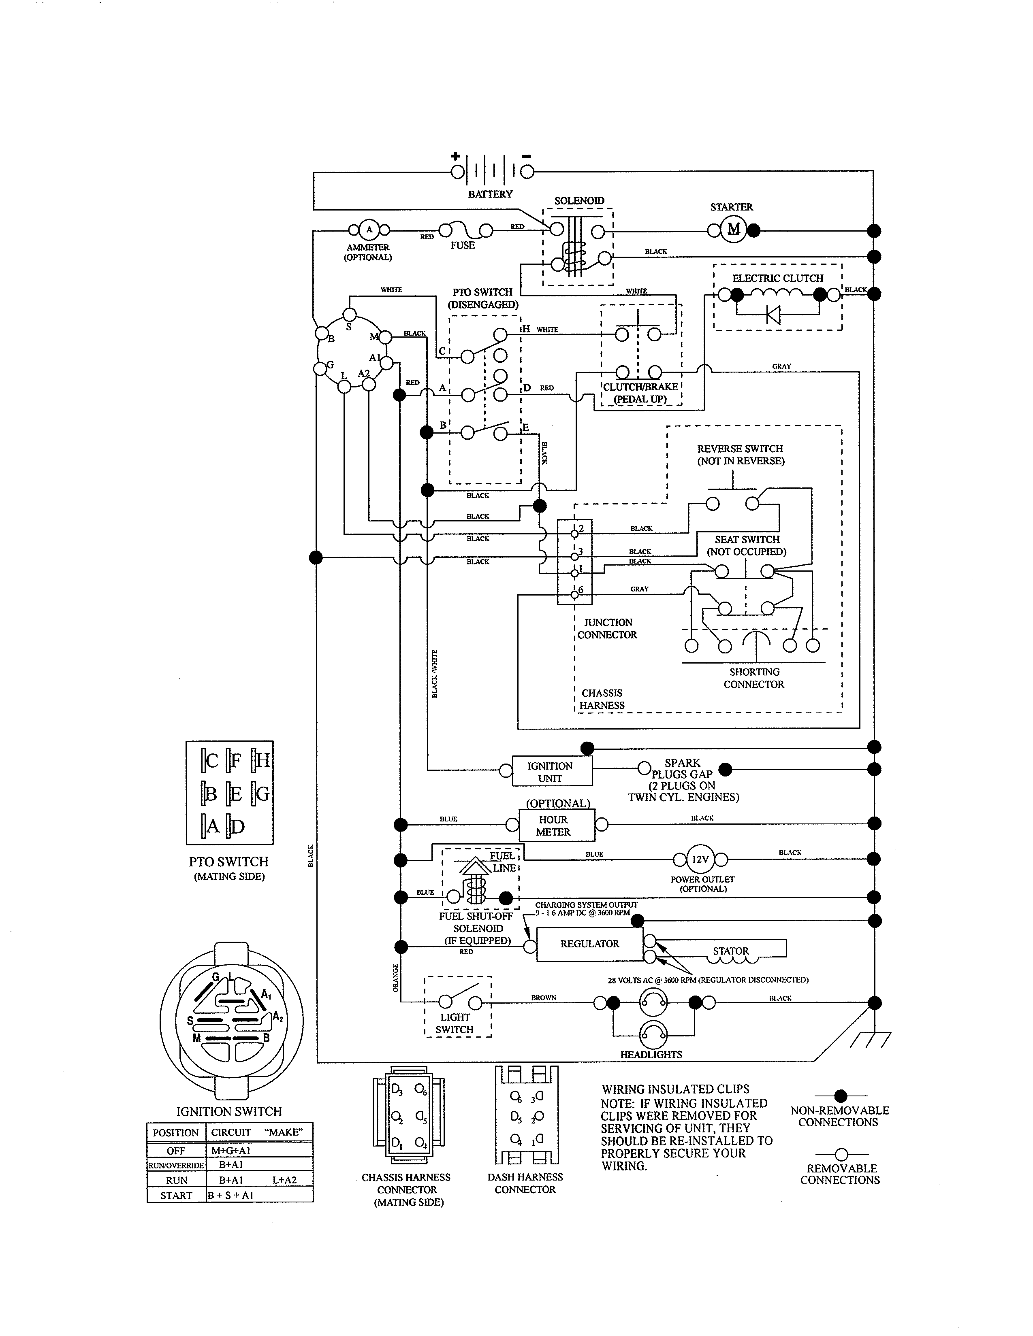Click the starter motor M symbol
[733, 230]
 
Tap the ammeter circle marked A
[369, 230]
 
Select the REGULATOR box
[589, 944]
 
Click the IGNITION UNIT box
[550, 771]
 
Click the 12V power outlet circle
[700, 859]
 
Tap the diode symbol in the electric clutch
[773, 315]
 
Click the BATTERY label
[490, 194]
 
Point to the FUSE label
[463, 245]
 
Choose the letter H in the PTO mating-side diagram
[262, 760]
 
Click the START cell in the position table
[176, 1195]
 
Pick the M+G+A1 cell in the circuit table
[231, 1150]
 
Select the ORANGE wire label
[395, 978]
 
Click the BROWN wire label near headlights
[543, 997]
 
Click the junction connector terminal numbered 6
[575, 594]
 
